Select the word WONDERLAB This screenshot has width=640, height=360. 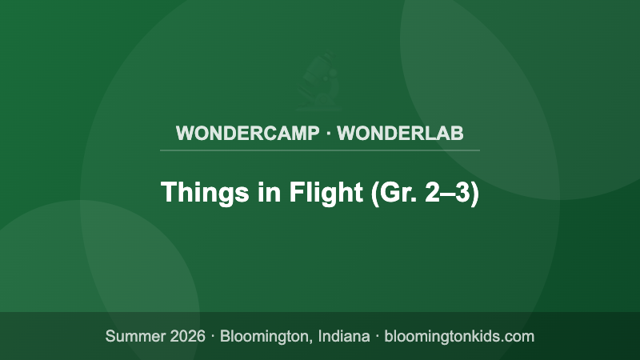(x=400, y=133)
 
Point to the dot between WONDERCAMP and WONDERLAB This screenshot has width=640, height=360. (x=329, y=133)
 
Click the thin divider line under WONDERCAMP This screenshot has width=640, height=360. (x=320, y=150)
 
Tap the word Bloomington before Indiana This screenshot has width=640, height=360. (x=263, y=336)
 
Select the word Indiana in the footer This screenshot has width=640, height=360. (x=340, y=336)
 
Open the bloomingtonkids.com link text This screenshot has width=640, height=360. (x=459, y=336)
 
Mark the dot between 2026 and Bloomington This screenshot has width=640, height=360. (x=214, y=336)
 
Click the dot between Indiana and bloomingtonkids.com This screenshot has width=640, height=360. (x=376, y=336)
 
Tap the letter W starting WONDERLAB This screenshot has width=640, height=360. (x=346, y=133)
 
